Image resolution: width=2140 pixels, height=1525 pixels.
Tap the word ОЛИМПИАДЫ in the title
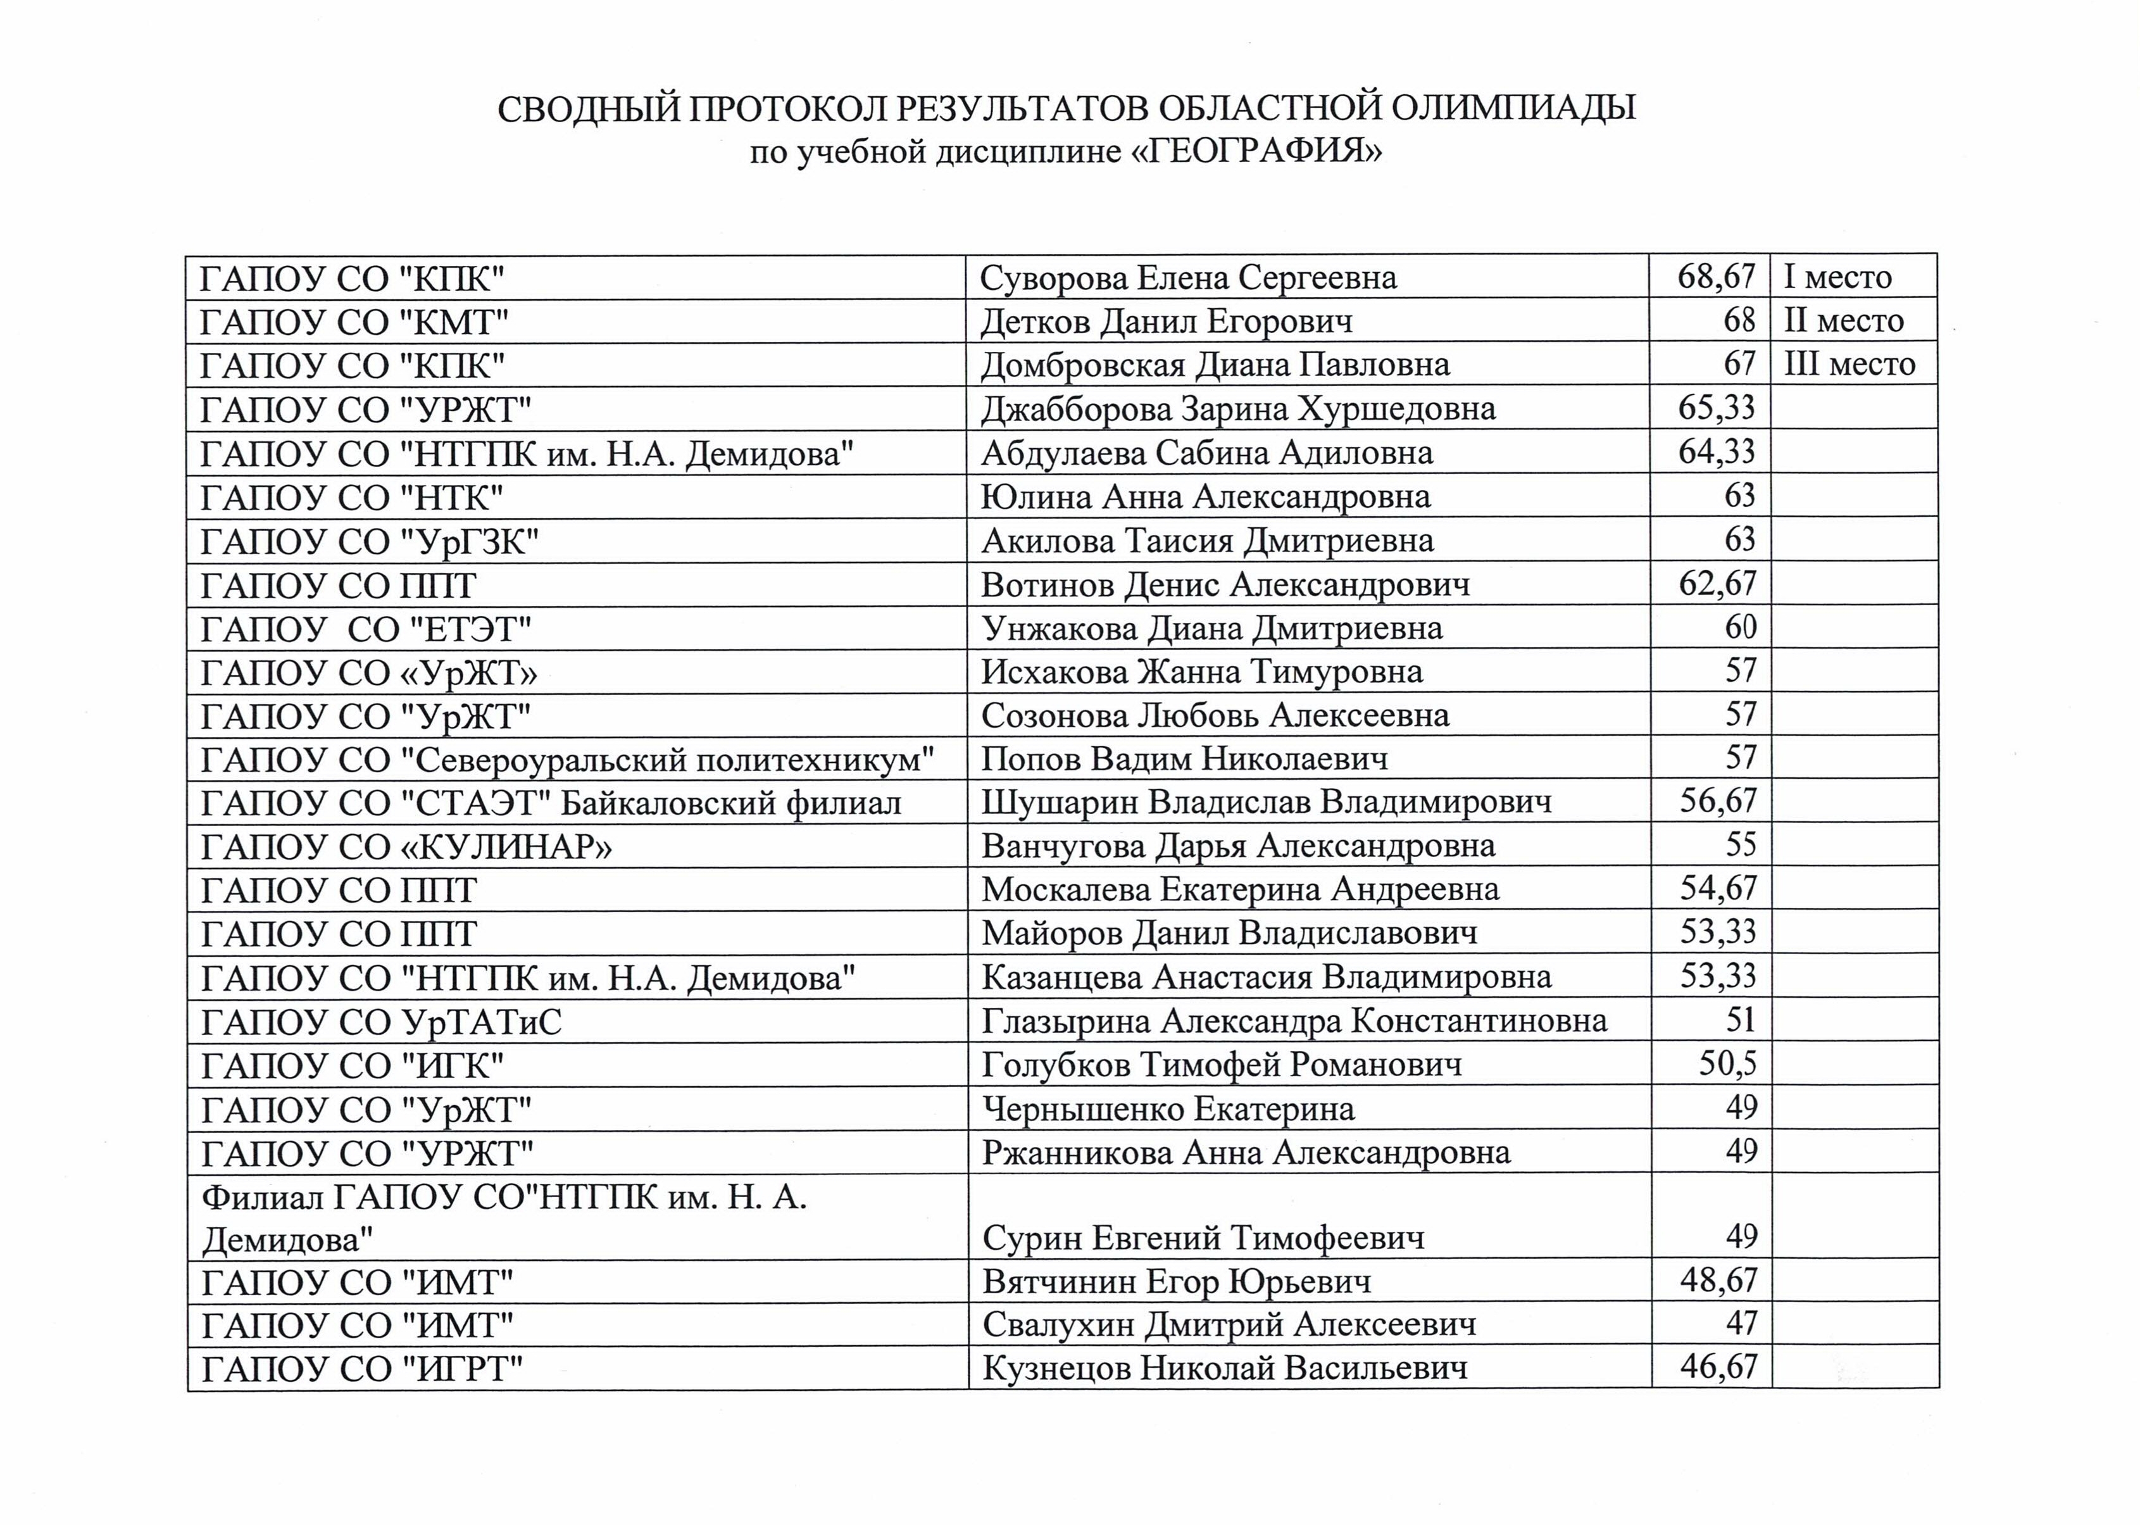pos(1513,108)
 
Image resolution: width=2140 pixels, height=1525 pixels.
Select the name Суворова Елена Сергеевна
pos(1188,278)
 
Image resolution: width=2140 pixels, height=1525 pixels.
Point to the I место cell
pos(1837,278)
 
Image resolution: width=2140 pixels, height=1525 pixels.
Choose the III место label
pos(1849,365)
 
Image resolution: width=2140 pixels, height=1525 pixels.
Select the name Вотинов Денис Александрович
pos(1225,585)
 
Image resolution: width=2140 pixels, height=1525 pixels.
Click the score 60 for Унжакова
pos(1740,627)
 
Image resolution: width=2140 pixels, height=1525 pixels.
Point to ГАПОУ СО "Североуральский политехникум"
pos(567,760)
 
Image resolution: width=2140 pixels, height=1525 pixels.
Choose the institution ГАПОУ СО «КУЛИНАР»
pos(406,847)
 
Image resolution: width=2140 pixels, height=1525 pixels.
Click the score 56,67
pos(1717,801)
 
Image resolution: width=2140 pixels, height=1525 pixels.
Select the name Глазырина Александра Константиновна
pos(1294,1020)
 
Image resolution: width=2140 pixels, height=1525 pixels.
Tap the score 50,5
pos(1727,1064)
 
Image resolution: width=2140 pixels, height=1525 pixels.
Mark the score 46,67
pos(1717,1366)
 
